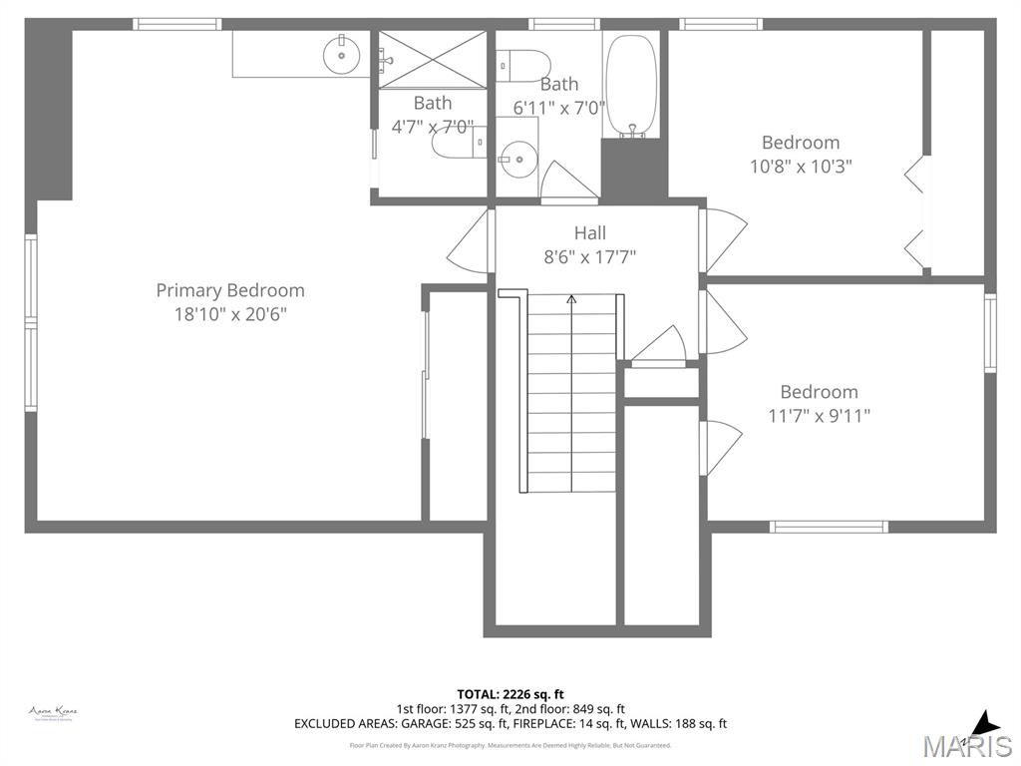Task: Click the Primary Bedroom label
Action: click(x=230, y=290)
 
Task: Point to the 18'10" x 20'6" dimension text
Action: click(x=230, y=314)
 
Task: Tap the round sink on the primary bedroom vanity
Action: click(x=342, y=55)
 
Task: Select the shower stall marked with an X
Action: click(x=433, y=60)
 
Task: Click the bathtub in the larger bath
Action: click(x=632, y=87)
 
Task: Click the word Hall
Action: click(x=589, y=233)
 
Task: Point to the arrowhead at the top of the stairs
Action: click(x=571, y=297)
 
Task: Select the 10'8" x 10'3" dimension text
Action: click(x=801, y=167)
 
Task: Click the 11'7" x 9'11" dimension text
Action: click(x=819, y=416)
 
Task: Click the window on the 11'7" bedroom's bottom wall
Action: click(x=829, y=526)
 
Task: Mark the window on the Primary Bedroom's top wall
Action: click(x=177, y=24)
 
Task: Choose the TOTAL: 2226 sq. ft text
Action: click(x=510, y=694)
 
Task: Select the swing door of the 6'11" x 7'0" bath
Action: click(x=566, y=183)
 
